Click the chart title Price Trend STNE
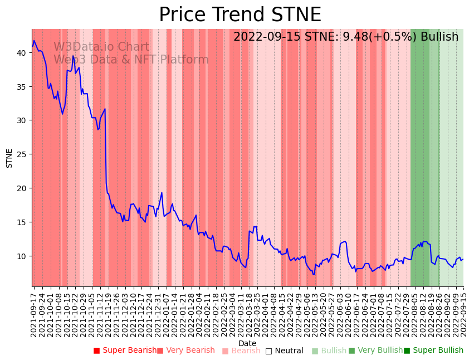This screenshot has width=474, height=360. tap(240, 14)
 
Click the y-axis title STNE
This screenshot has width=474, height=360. tap(9, 158)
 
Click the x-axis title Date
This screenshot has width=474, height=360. tap(247, 344)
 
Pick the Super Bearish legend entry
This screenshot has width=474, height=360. tap(125, 351)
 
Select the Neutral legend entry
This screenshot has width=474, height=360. tap(285, 351)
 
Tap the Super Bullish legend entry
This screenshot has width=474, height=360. tap(434, 351)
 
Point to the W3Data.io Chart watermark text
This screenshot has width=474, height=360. tap(101, 47)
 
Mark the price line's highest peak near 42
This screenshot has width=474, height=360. tap(34, 40)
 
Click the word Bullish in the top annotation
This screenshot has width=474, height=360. tap(439, 37)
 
